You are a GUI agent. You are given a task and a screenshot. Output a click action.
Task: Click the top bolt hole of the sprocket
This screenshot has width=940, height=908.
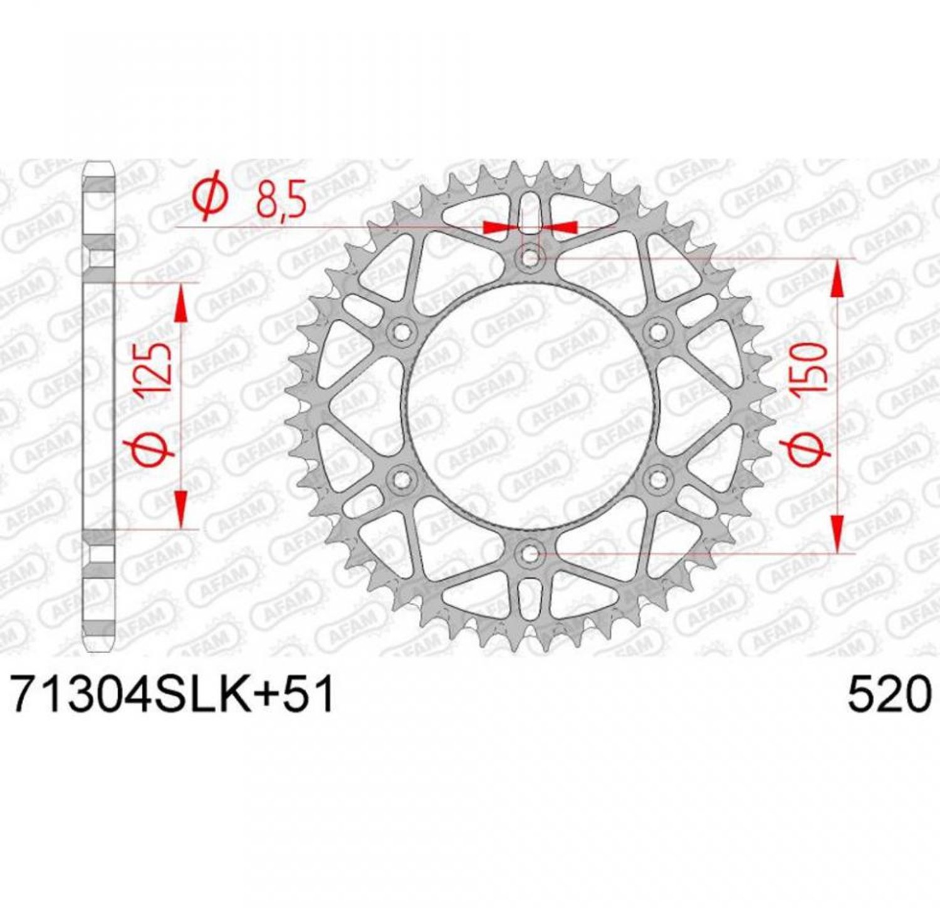click(530, 257)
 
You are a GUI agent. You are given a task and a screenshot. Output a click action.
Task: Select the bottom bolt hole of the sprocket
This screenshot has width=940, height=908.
click(530, 554)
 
